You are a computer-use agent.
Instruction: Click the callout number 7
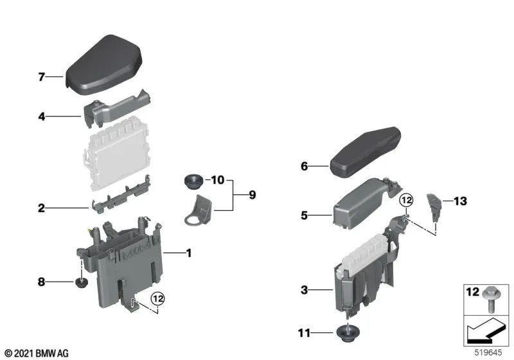41,78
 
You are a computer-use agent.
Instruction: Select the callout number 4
41,117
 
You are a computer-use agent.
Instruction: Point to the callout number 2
41,208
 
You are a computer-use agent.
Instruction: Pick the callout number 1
188,254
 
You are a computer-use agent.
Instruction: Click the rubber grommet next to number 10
191,181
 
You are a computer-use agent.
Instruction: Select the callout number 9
251,194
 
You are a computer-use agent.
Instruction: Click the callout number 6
304,166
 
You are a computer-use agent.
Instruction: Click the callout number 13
461,201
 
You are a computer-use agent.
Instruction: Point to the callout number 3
304,291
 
